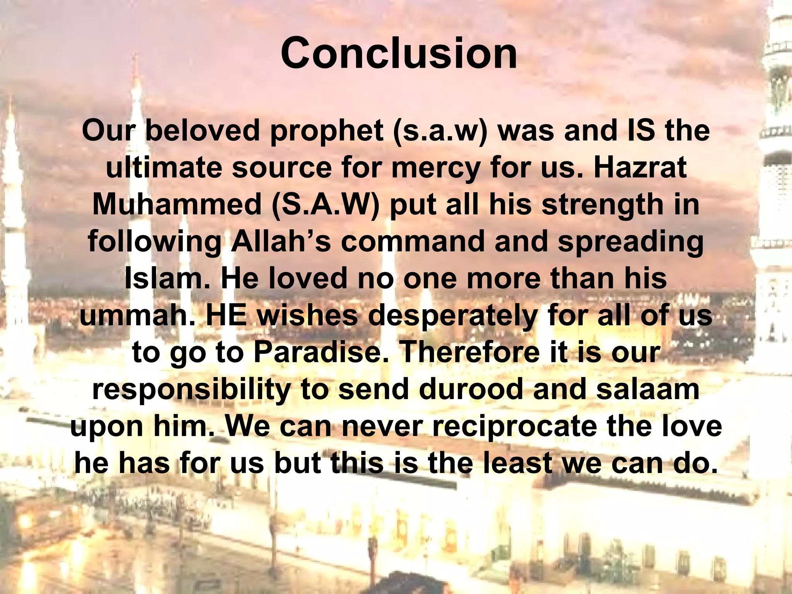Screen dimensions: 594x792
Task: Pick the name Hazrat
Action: coord(640,167)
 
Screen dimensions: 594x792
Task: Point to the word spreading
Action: coord(631,241)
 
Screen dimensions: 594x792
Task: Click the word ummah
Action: coord(137,315)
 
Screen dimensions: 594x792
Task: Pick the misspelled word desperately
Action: coord(453,315)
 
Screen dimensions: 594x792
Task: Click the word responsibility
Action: coord(191,389)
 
